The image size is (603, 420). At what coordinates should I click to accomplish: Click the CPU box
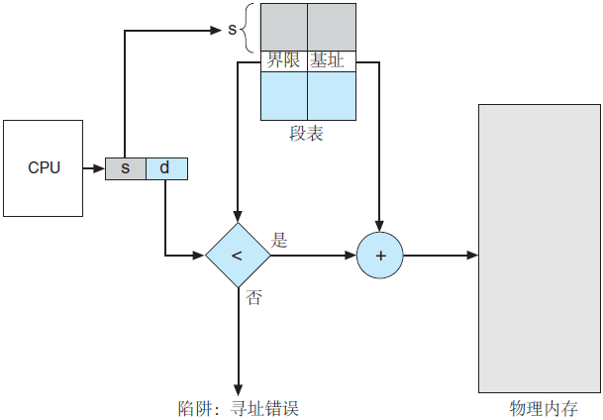click(x=44, y=168)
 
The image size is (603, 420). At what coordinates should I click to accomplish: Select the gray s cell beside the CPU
click(x=126, y=168)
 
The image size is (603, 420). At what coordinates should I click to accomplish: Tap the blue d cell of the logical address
click(x=165, y=168)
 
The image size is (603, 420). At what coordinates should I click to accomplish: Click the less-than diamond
click(x=237, y=256)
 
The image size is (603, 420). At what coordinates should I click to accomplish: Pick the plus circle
click(x=380, y=256)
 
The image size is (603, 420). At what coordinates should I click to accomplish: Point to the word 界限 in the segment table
click(x=283, y=60)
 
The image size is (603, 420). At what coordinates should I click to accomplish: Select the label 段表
click(x=307, y=134)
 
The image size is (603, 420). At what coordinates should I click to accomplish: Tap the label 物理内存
click(x=540, y=407)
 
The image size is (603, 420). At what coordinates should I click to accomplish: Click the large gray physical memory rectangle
click(x=540, y=248)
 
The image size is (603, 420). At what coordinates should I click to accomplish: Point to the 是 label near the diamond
click(x=279, y=240)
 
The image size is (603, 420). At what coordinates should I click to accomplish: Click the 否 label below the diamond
click(x=253, y=297)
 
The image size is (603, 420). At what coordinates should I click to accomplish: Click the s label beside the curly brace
click(x=233, y=29)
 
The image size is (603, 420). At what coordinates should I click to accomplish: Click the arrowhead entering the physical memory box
click(x=473, y=256)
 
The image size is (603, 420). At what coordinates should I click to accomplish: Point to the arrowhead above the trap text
click(x=238, y=389)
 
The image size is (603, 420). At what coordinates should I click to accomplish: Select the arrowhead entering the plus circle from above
click(x=380, y=224)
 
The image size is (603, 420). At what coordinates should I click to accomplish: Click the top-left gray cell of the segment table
click(x=283, y=27)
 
